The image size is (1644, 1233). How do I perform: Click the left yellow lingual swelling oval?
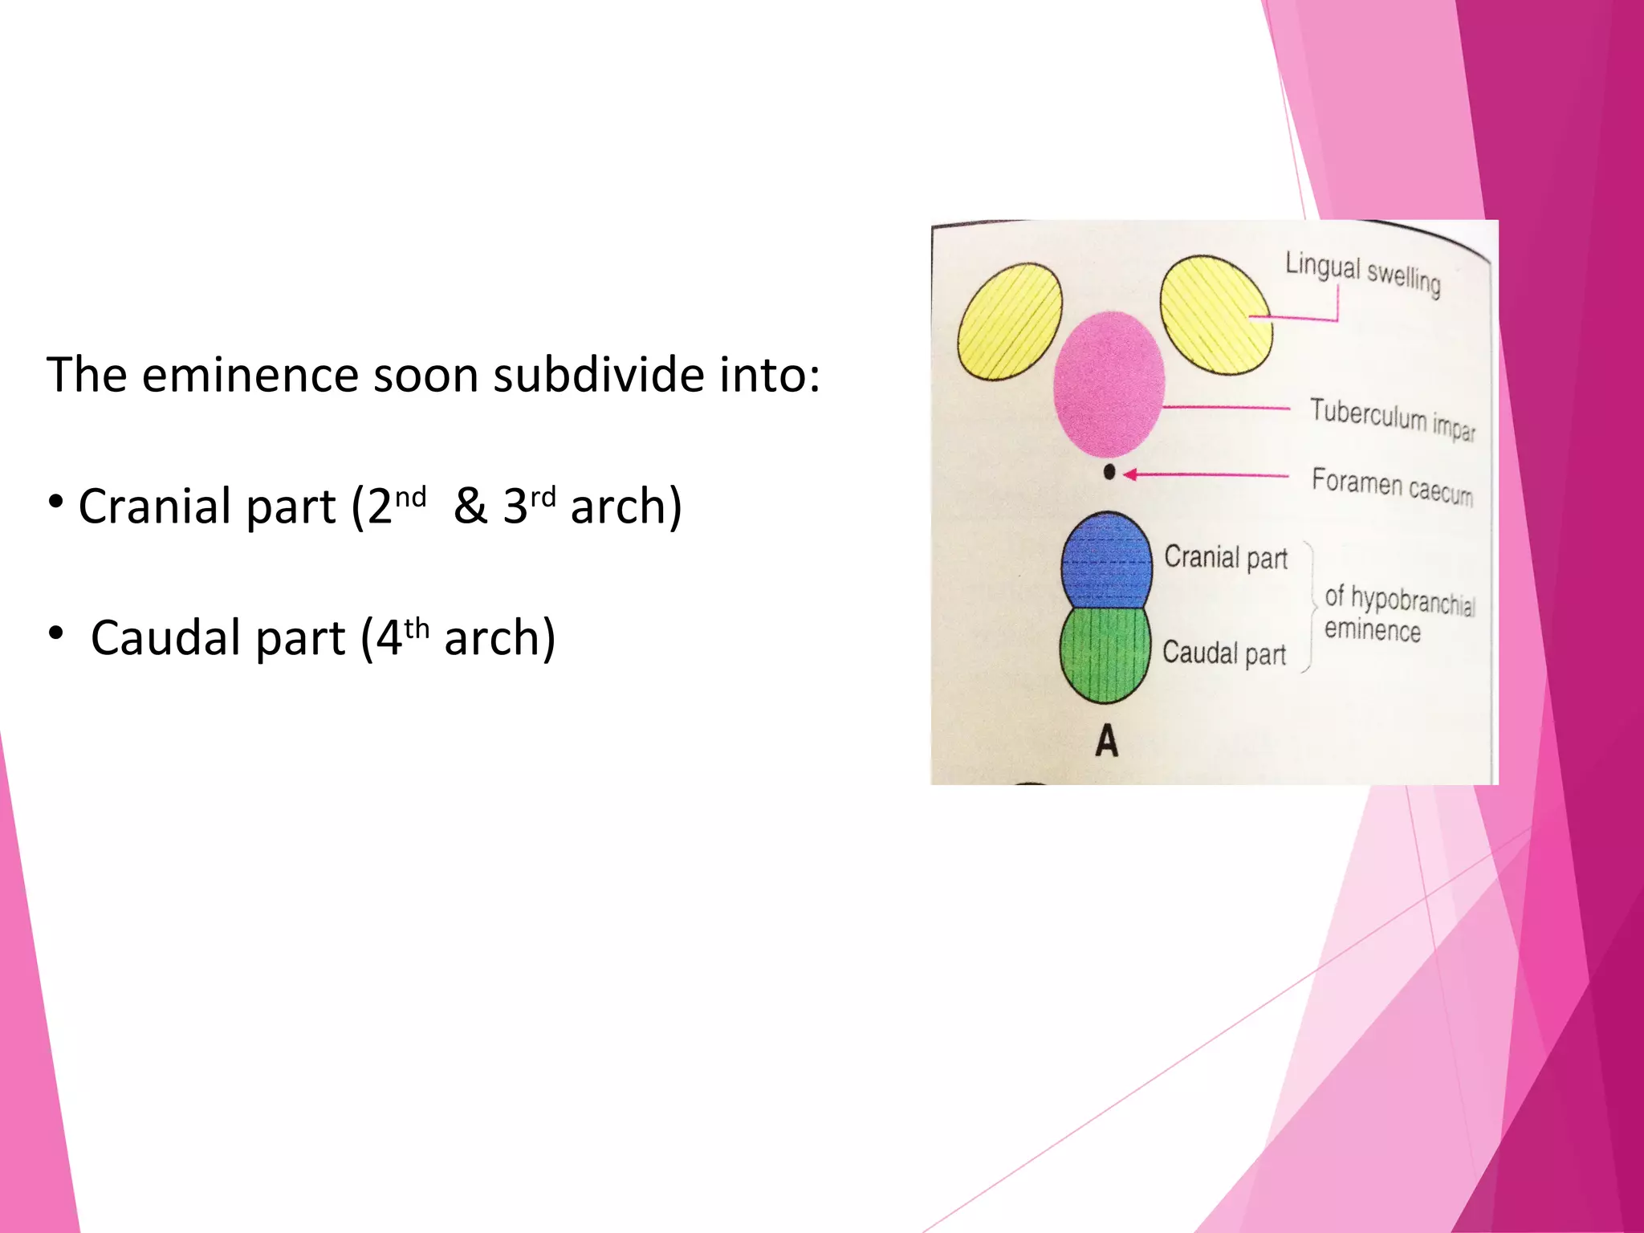[x=1009, y=321]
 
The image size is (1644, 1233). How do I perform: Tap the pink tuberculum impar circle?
[x=1109, y=384]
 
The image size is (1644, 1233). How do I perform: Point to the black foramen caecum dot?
[x=1109, y=472]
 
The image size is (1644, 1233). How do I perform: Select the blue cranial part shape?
[x=1105, y=561]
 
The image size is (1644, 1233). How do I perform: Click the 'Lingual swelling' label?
[x=1362, y=273]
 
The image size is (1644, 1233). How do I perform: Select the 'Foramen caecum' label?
[x=1392, y=486]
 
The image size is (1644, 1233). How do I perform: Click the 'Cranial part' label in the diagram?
[x=1226, y=557]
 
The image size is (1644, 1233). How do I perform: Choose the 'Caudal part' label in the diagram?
[x=1224, y=653]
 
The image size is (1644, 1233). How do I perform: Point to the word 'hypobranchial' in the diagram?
[x=1413, y=601]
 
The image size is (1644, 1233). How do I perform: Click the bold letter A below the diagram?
[x=1107, y=740]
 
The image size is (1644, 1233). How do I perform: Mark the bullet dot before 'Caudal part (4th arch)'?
[x=55, y=633]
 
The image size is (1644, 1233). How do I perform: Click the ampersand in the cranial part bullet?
[x=470, y=507]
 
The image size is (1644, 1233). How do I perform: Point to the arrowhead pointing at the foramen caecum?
[x=1129, y=474]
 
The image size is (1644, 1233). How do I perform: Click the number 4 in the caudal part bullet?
[x=389, y=638]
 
